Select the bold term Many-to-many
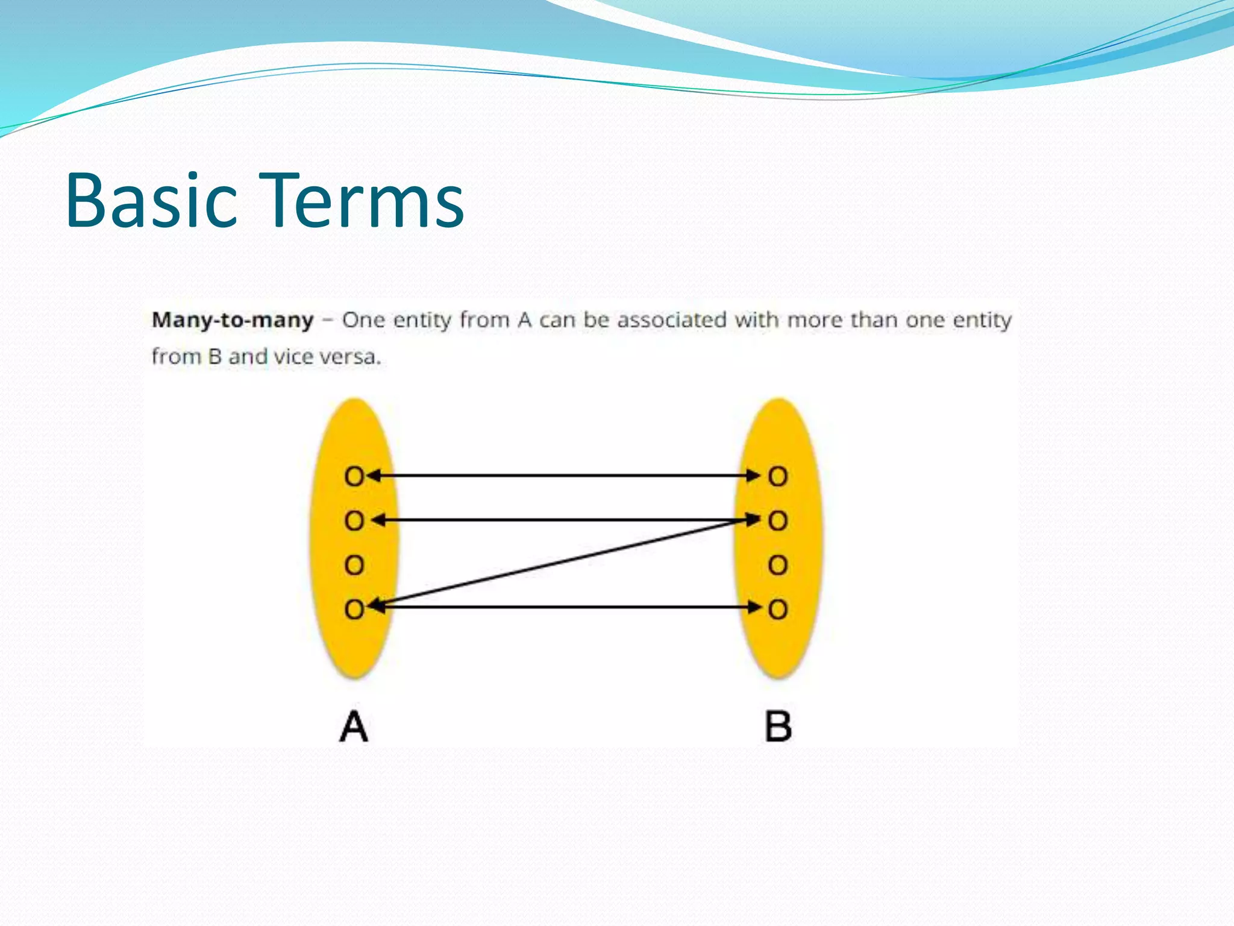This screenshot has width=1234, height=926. tap(233, 320)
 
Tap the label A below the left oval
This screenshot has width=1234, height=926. tap(354, 726)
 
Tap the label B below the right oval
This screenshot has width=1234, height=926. tap(778, 726)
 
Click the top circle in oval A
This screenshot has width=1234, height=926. tap(354, 477)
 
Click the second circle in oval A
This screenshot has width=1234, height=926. tap(354, 521)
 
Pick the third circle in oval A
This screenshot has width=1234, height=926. tap(354, 565)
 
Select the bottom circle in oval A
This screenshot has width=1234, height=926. tap(354, 609)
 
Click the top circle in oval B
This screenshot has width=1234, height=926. tap(778, 477)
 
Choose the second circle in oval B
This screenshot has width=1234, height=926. tap(778, 521)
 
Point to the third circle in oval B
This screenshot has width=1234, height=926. tap(778, 565)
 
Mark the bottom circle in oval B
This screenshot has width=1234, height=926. tap(778, 609)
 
